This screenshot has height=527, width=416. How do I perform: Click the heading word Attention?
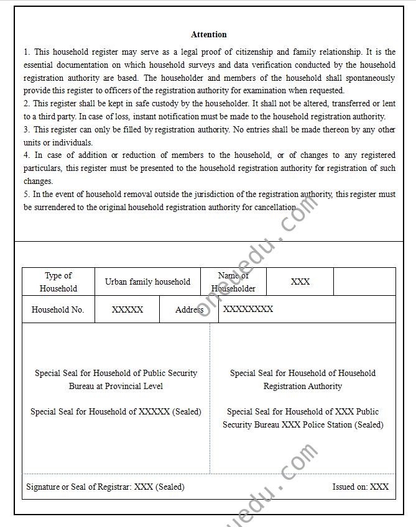point(209,34)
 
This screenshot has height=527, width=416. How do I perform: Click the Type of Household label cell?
point(58,282)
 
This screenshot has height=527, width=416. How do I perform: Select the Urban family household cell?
point(147,282)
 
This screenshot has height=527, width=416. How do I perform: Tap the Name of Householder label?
point(233,282)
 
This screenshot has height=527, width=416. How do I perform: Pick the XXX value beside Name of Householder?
point(300,282)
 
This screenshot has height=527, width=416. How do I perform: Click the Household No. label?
point(58,309)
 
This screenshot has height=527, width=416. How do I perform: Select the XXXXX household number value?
point(127,309)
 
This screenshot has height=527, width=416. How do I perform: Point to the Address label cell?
point(190,309)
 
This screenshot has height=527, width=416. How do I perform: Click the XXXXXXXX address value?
point(248,309)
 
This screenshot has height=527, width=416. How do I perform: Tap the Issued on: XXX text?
point(361,487)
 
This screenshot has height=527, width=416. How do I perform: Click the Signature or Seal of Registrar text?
point(105,487)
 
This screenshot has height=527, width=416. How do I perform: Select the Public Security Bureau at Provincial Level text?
point(116,380)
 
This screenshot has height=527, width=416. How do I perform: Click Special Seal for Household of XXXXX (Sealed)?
point(116,411)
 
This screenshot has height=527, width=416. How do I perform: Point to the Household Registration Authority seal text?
point(303,380)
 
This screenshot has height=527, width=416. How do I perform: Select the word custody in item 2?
point(142,104)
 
